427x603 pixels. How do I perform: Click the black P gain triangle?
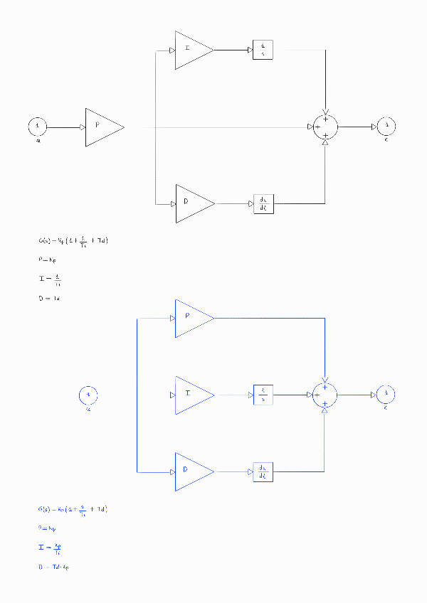pos(101,127)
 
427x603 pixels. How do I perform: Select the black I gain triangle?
pos(191,50)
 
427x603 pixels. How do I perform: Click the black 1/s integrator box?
pos(263,50)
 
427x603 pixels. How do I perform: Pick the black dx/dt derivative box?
pos(263,204)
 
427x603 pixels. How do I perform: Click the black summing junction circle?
pos(325,127)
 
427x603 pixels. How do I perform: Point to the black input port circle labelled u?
pos(38,127)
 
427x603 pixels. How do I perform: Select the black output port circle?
pos(386,127)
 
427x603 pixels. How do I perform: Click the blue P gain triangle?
pos(191,317)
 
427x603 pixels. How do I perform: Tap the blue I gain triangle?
pos(191,395)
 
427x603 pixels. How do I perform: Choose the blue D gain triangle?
pos(191,471)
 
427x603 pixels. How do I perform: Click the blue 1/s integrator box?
pos(263,395)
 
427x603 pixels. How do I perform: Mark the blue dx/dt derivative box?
pos(263,471)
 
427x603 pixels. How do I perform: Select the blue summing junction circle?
pos(325,395)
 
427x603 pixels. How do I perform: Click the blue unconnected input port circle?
pos(88,395)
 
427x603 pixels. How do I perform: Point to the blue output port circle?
pos(386,395)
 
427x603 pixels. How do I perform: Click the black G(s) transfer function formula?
pos(73,242)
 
